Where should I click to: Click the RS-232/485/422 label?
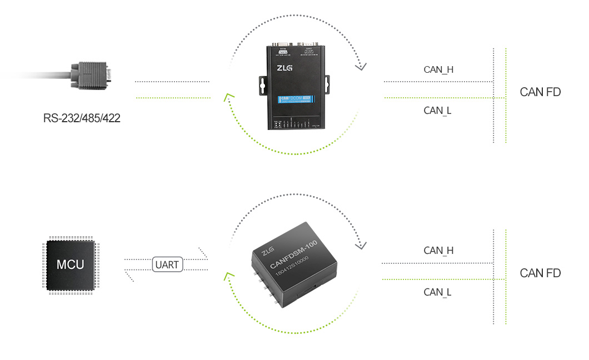(82, 118)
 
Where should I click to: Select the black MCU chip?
(71, 264)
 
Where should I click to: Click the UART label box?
(167, 264)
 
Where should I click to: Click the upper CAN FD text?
(540, 92)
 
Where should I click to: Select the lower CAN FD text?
(540, 273)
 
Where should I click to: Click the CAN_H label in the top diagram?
(438, 70)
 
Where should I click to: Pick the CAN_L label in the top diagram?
(437, 111)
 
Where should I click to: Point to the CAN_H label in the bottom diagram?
(438, 251)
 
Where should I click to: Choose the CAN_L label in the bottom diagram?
(437, 292)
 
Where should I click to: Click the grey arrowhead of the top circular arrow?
(361, 67)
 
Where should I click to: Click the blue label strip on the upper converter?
(296, 101)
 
